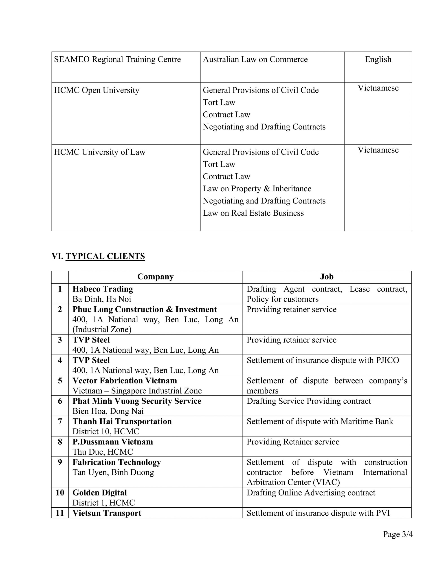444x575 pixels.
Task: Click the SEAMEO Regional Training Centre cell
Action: pos(117,60)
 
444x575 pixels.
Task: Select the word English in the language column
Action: pos(378,60)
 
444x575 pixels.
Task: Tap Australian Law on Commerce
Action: pos(255,60)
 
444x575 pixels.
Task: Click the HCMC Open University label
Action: pos(97,90)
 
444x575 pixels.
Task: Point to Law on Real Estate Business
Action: pos(253,213)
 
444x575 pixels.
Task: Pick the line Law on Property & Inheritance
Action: pos(257,188)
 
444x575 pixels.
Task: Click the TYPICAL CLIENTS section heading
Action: pos(105,256)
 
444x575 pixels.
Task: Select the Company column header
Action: pos(155,277)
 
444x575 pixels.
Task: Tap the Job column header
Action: pos(327,277)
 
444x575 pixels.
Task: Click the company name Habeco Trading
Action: pos(103,289)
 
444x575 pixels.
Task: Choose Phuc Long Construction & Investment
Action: pos(145,309)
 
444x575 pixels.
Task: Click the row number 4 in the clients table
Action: pos(60,360)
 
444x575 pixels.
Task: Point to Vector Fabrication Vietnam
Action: pos(125,381)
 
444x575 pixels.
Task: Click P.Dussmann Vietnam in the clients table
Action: pos(113,442)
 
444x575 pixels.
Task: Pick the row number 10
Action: pos(60,493)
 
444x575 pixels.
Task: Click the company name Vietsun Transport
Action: pos(107,513)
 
